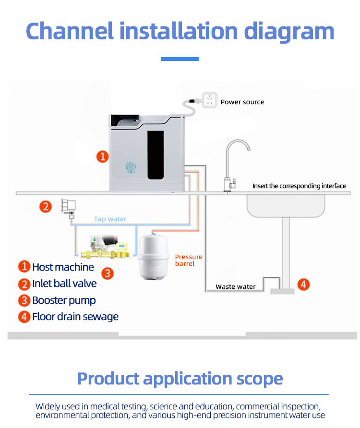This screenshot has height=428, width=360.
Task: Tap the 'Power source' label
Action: (x=242, y=102)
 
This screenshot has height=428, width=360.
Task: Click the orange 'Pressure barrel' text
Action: (x=188, y=260)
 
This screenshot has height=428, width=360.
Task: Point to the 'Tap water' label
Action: (x=110, y=219)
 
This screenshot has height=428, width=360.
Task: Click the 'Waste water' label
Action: (x=235, y=286)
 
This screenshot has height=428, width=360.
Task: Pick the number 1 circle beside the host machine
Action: (x=102, y=156)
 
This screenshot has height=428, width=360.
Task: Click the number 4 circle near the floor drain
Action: (x=303, y=285)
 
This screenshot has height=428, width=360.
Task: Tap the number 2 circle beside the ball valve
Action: (x=45, y=207)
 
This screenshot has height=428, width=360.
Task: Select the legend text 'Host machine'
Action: (x=63, y=267)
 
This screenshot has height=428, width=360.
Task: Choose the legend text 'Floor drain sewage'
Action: (x=75, y=317)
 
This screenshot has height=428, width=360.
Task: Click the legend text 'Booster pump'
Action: (x=64, y=300)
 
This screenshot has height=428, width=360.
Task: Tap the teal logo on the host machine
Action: (x=131, y=166)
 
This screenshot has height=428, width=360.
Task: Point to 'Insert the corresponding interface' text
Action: (x=299, y=186)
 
